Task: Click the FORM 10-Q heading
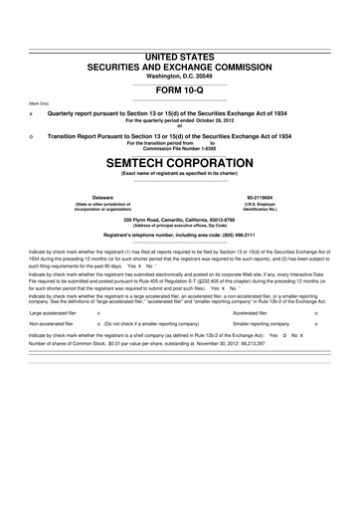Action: point(180,88)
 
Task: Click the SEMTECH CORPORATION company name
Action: point(180,159)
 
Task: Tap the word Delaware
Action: point(102,197)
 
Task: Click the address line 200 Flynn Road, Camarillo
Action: point(180,219)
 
